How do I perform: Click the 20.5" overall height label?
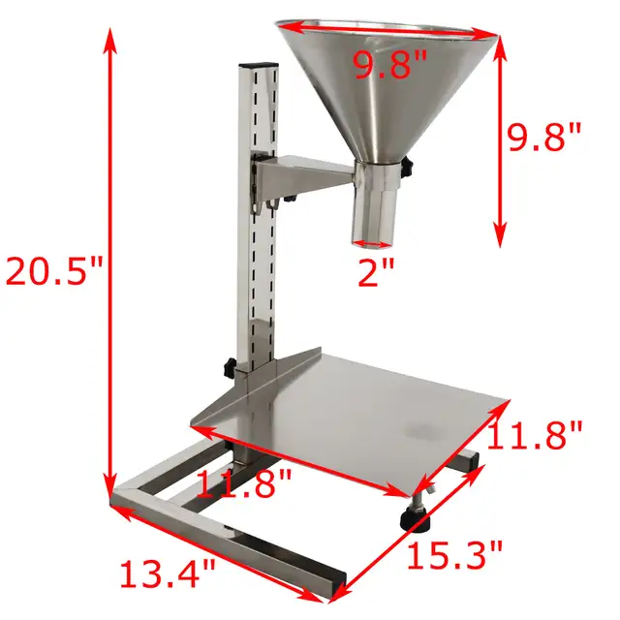[54, 269]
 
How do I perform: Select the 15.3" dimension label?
[454, 556]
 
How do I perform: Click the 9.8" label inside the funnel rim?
[390, 67]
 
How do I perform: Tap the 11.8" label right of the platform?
[537, 435]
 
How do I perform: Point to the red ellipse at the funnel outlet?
[373, 243]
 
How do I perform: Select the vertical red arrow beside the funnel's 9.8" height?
[500, 136]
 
